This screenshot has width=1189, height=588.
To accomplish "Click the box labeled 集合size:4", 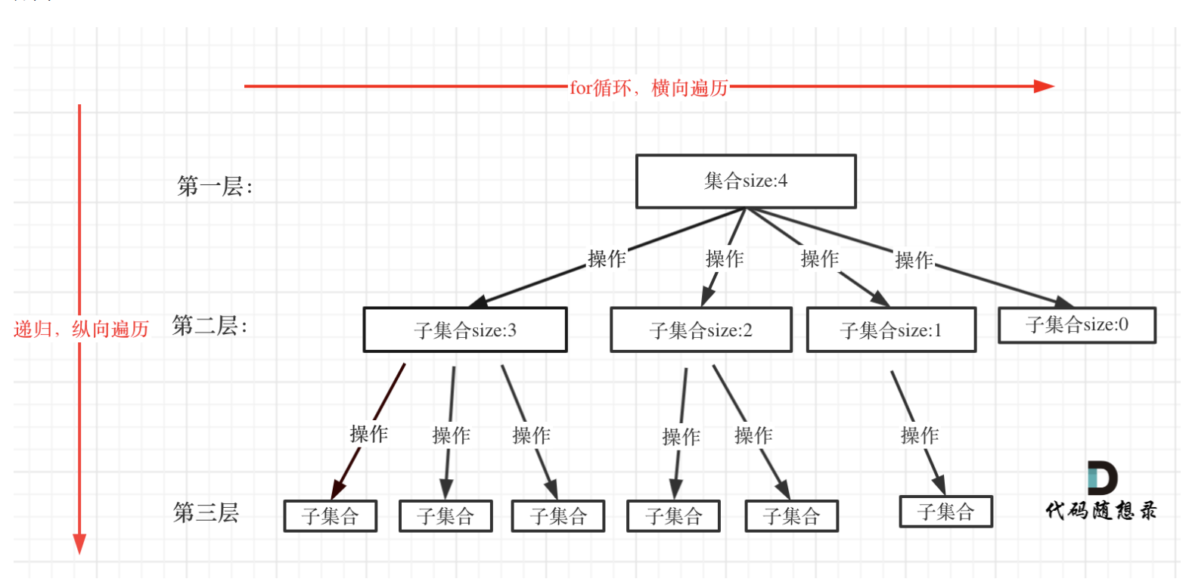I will pos(746,181).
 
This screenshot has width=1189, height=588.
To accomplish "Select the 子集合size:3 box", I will pos(465,330).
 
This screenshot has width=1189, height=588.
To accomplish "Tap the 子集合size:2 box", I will pos(701,330).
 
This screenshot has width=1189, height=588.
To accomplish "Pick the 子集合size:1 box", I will pos(891,330).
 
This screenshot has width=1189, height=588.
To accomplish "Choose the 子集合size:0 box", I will pos(1077,325).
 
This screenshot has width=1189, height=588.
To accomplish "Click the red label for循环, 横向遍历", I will pos(649,88).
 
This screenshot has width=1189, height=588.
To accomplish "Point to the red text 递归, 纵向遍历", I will pos(82,330).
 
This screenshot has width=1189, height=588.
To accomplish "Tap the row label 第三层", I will pos(206,513).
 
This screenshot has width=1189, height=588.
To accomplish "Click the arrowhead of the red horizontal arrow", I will pos(1045,86).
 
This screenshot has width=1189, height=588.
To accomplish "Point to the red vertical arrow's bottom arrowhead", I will pos(79,544).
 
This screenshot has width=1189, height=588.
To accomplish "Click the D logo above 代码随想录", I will pos(1102,478).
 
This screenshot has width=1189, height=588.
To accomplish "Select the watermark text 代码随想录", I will pos(1101,511).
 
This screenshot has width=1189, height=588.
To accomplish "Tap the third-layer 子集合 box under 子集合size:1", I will pos(945,512).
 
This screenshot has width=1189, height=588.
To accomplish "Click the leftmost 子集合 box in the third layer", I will pos(331,516).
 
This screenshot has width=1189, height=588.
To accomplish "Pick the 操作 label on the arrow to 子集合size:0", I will pos(914,261).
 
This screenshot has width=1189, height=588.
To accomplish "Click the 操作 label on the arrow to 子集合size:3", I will pos(607,259).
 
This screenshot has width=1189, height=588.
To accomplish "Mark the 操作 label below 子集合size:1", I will pos(920,435).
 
